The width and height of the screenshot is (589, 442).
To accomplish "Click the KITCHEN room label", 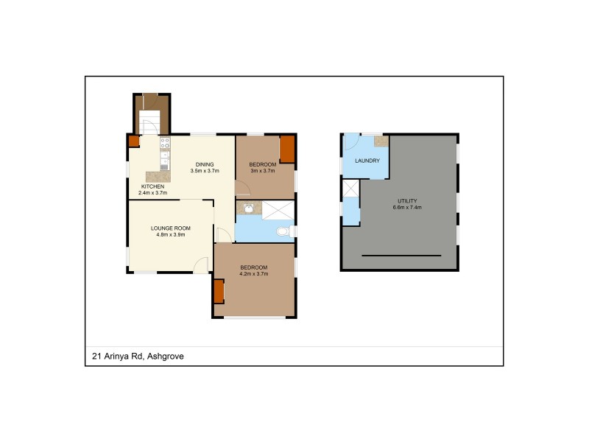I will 153,186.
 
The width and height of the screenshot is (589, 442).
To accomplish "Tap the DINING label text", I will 204,164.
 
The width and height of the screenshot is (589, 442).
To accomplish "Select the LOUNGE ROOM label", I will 171,228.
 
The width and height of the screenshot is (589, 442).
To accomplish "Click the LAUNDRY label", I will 367,161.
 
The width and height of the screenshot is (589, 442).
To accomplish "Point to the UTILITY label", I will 407,200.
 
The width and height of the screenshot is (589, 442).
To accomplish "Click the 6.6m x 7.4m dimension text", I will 407,208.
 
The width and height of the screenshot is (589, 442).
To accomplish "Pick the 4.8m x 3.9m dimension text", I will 171,235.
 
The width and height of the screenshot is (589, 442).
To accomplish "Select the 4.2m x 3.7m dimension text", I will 253,273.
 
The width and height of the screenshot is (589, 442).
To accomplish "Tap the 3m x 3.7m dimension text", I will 262,170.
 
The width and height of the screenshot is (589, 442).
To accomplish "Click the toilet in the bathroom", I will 283,232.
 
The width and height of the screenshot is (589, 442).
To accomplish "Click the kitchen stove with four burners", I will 166,143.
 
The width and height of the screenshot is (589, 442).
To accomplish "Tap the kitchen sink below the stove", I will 166,158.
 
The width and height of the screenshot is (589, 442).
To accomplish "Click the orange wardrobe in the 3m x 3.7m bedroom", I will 287,150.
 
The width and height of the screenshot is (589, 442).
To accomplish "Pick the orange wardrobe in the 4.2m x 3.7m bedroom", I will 219,292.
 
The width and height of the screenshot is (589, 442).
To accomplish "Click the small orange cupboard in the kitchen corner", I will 133,141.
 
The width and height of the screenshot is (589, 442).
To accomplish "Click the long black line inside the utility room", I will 401,256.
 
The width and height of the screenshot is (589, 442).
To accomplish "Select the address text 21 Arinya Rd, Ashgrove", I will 138,357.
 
